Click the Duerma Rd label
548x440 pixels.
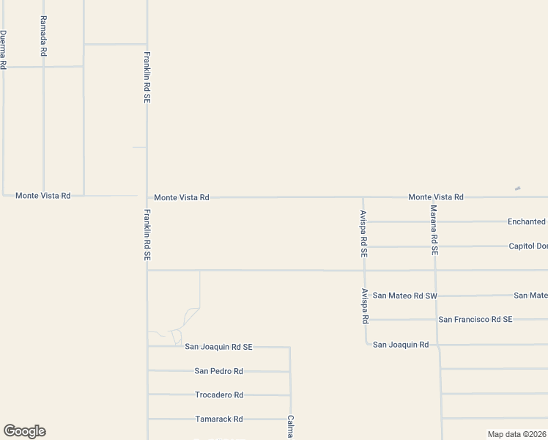(x=4, y=50)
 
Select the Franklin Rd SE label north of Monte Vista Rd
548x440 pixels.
(x=147, y=76)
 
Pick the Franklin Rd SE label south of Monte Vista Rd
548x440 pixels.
(x=147, y=235)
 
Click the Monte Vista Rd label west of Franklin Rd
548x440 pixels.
(x=43, y=196)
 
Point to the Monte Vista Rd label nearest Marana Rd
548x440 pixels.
(x=436, y=197)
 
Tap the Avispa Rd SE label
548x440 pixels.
(x=363, y=232)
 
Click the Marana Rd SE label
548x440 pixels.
(x=434, y=230)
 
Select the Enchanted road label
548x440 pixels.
(x=527, y=221)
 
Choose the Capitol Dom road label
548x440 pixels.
(x=528, y=246)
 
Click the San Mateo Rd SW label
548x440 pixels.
(x=405, y=296)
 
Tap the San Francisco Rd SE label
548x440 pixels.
(x=475, y=320)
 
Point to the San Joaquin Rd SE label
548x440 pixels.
(x=218, y=347)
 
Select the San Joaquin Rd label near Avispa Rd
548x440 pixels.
(x=401, y=345)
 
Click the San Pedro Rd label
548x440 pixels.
(x=218, y=371)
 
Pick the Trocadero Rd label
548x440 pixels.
(x=218, y=395)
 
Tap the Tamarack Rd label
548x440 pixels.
(x=218, y=419)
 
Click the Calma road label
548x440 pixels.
(x=291, y=428)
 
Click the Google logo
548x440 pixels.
(x=24, y=431)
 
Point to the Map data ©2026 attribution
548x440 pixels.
(x=516, y=434)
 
